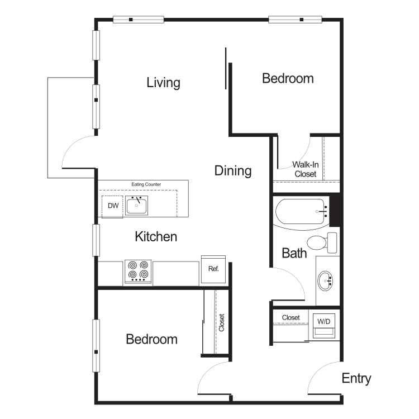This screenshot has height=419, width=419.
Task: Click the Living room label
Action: click(x=163, y=83)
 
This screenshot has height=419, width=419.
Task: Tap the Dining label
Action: click(x=233, y=170)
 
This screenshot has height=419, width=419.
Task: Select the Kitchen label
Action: click(x=156, y=236)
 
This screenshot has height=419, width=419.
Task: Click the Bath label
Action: click(x=294, y=253)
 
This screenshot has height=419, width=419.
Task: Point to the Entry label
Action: click(x=356, y=378)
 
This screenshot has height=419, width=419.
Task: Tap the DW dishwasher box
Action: click(x=113, y=206)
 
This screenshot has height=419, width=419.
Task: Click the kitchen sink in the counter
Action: click(x=136, y=206)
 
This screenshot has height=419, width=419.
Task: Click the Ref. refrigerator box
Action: click(x=213, y=269)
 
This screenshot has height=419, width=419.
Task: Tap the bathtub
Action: click(x=302, y=212)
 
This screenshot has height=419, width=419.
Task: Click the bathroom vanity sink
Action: click(x=325, y=280)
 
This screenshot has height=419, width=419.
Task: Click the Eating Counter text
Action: click(x=146, y=184)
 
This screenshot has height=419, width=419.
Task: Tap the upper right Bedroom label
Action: click(x=288, y=78)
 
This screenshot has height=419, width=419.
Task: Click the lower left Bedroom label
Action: click(x=151, y=339)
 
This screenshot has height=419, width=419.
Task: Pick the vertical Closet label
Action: click(x=222, y=322)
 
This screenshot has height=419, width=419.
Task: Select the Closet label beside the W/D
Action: click(x=291, y=317)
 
